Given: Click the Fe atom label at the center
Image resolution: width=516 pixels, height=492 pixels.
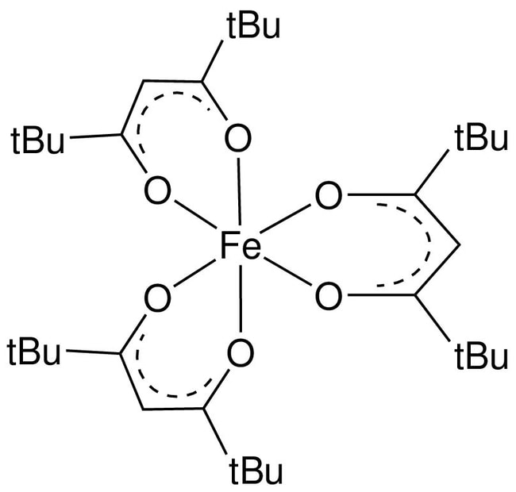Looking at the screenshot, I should click(240, 248).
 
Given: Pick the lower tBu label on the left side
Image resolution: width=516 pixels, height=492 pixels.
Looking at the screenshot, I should click(38, 352).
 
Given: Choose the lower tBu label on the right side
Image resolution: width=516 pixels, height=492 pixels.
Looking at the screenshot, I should click(481, 355).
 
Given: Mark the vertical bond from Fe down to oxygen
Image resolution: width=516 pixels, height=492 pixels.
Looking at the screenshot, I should click(240, 302).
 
